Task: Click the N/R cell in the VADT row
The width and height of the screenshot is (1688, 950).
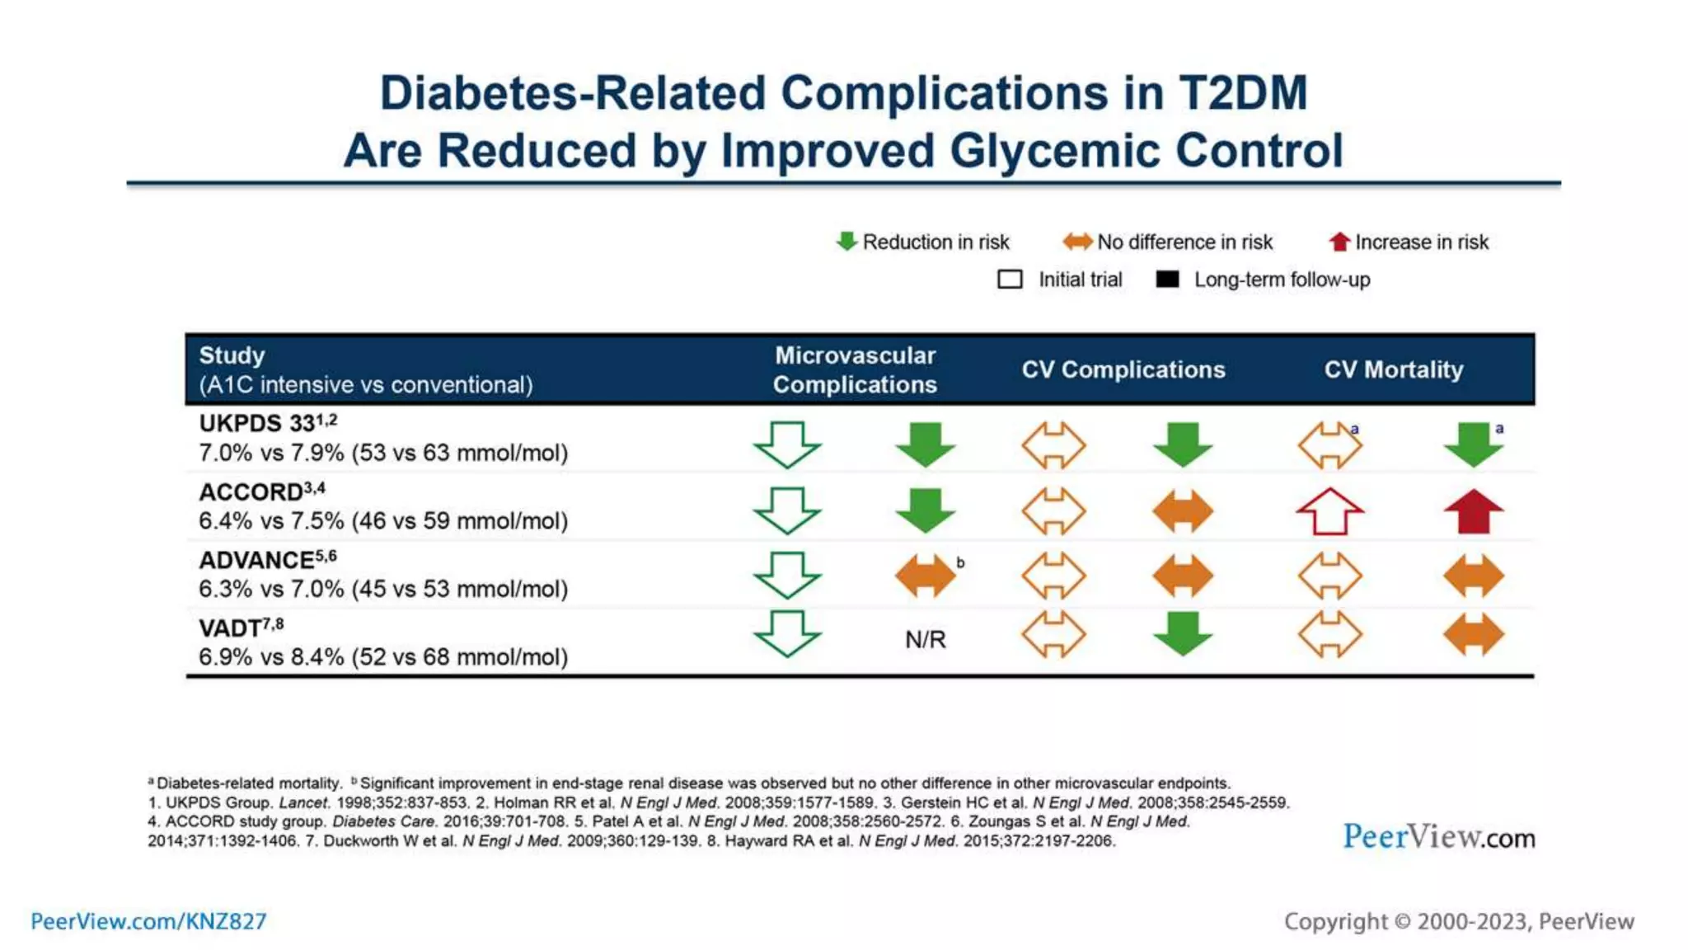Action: [925, 639]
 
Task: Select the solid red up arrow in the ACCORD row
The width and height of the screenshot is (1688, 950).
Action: [1474, 511]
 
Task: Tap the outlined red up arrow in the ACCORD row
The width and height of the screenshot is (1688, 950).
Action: [1329, 511]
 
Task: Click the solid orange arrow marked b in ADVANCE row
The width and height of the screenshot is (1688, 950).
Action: [925, 575]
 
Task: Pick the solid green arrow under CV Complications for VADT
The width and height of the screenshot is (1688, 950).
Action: [1183, 633]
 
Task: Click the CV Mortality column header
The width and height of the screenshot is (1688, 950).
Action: [1394, 369]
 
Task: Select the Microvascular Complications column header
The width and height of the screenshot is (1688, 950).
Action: [855, 369]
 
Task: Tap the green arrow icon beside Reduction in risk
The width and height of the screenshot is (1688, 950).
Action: [846, 242]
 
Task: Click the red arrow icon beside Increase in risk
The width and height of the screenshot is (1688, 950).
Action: [1339, 242]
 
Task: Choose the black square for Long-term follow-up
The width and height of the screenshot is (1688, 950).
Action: [1167, 280]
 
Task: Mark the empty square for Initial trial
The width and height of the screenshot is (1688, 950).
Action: [1010, 280]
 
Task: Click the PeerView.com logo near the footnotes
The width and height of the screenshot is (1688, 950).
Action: [1438, 837]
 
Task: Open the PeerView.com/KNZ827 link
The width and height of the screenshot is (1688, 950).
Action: [148, 921]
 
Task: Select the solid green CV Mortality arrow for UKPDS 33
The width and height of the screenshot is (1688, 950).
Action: [1474, 444]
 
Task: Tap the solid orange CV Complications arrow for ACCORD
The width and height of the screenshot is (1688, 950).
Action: [1183, 511]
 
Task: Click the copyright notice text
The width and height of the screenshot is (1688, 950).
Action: [1459, 921]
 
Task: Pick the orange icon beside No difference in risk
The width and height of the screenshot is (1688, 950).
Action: [1077, 242]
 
